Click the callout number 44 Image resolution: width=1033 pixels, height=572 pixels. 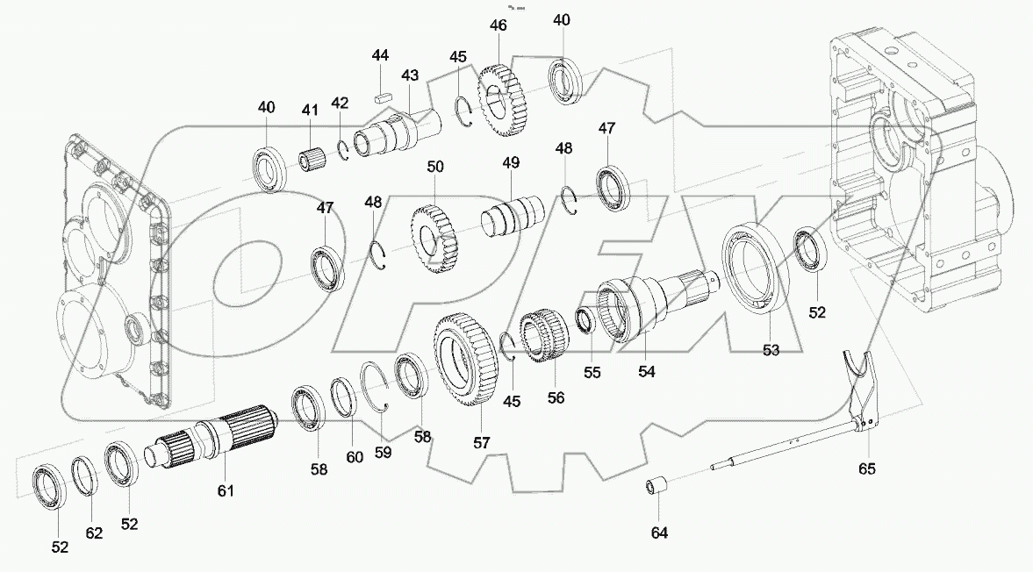[379, 56]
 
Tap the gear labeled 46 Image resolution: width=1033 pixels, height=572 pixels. [505, 101]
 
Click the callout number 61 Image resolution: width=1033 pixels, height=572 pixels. [226, 491]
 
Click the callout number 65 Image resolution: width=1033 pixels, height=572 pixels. [867, 469]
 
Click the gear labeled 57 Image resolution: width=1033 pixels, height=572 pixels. [466, 360]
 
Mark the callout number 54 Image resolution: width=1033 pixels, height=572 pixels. [646, 371]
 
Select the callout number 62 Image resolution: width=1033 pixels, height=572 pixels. [93, 532]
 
